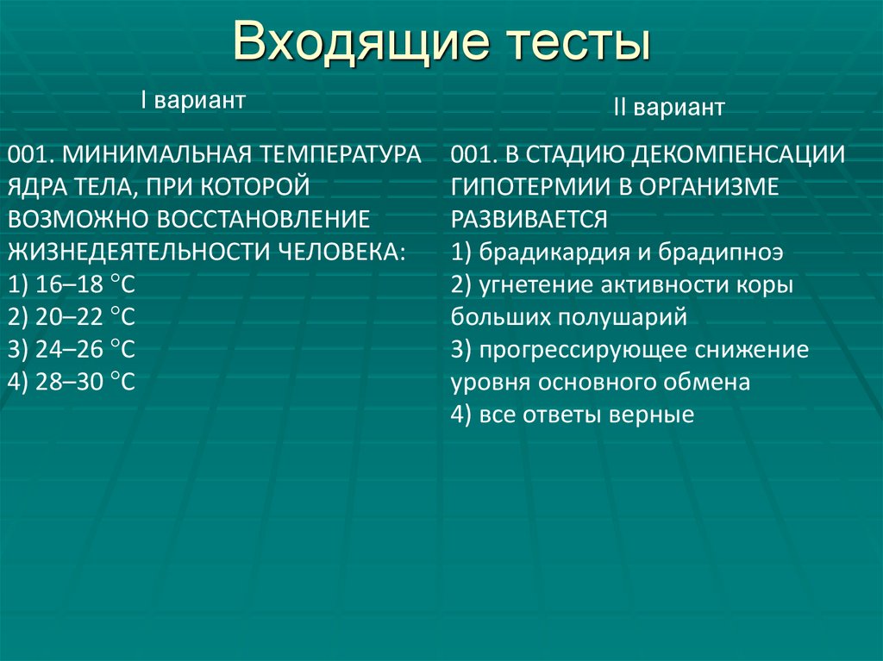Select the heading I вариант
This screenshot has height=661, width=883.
click(194, 100)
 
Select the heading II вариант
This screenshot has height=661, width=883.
click(669, 108)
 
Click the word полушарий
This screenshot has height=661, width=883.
click(622, 316)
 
